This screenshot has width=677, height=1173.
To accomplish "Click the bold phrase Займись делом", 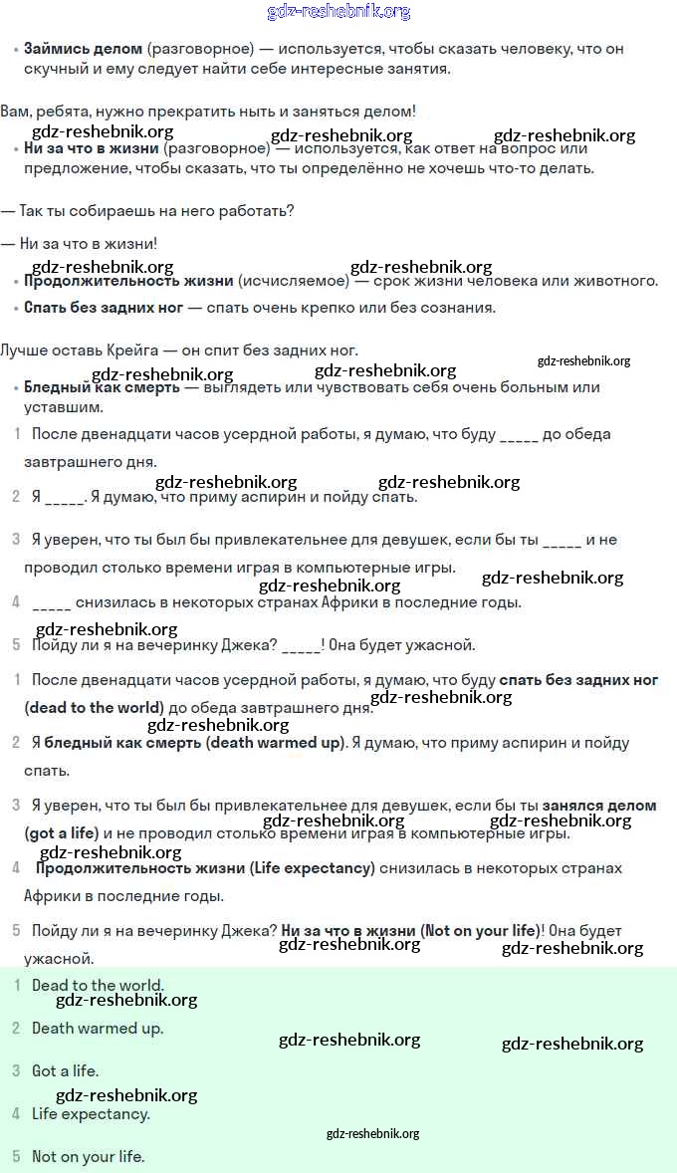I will [x=84, y=48].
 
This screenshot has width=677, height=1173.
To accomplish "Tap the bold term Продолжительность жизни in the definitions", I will [x=128, y=281].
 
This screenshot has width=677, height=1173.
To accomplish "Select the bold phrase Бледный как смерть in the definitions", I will [x=102, y=387].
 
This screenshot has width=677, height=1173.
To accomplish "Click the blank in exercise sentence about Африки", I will [x=51, y=602].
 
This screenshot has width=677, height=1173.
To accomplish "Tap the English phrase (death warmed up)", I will [x=275, y=743].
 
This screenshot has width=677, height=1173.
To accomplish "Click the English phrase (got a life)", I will [x=62, y=832].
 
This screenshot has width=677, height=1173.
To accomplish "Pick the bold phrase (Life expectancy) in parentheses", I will [x=312, y=868].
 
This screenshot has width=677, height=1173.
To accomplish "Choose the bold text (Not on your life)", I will [x=481, y=931].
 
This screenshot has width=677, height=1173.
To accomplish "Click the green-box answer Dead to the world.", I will [x=98, y=986].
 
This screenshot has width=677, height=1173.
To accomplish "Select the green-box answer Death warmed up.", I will [x=98, y=1029].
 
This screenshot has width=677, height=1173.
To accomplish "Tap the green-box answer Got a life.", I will [x=65, y=1071].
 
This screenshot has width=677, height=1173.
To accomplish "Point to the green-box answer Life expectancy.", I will [x=91, y=1114].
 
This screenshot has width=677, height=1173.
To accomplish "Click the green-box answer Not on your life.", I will [x=88, y=1157].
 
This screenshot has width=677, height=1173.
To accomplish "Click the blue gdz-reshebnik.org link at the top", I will [x=338, y=12].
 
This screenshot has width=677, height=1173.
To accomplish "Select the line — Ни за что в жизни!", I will [x=80, y=243].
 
